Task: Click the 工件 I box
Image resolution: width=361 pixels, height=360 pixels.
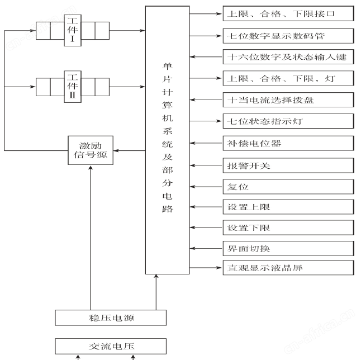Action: pos(73,30)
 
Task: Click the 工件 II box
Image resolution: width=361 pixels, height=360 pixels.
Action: pos(73,87)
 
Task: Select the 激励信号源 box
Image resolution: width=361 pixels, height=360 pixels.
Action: pos(91,150)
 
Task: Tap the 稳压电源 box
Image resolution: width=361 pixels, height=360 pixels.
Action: pos(111,318)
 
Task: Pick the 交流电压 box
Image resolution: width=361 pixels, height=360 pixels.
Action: pos(111,346)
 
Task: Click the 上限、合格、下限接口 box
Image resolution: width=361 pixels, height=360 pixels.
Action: pos(288,13)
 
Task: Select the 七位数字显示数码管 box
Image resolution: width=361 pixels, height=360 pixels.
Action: pos(288,36)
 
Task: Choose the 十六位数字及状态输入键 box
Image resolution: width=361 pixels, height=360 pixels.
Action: pos(288,56)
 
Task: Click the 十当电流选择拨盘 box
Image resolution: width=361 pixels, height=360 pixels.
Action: pos(288,100)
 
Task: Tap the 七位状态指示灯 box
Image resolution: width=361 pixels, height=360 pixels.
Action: pos(288,121)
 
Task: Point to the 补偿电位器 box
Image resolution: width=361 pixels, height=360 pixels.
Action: pos(288,143)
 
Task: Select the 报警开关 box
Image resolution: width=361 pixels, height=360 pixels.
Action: pos(288,165)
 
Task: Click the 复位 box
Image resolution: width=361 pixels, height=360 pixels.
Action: pos(288,187)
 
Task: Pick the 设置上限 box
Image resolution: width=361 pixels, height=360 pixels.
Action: pos(288,207)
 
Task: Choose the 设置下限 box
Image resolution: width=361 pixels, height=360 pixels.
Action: pos(288,228)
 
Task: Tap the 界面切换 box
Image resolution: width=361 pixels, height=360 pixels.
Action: pos(288,248)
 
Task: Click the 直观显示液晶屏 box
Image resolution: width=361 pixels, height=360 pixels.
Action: pos(288,268)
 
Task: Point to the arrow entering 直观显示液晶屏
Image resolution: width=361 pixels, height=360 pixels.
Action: pos(205,268)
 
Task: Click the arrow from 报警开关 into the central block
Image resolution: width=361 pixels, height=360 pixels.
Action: pos(206,165)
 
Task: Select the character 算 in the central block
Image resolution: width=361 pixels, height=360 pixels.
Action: pos(167,105)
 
